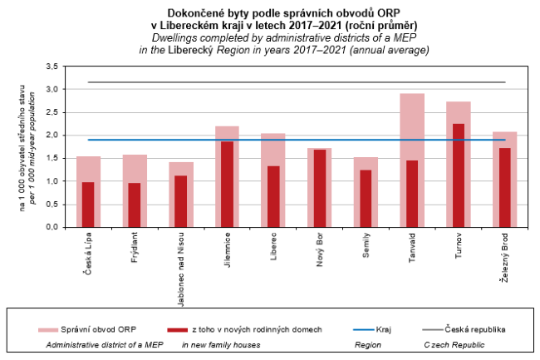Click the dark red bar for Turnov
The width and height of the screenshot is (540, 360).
[x=459, y=175]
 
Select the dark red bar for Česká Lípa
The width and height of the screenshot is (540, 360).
[x=88, y=205]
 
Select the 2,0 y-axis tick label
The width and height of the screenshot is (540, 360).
[x=52, y=135]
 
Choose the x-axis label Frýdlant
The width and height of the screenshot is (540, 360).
[x=135, y=250]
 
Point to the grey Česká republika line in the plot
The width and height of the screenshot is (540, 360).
[x=297, y=82]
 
